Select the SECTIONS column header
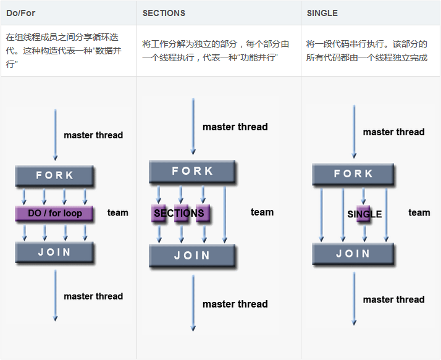tap(164, 13)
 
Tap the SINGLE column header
tap(322, 13)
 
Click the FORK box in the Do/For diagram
tap(54, 176)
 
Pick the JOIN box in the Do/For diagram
tap(54, 253)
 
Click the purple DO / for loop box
tap(54, 214)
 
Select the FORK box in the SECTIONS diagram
tap(192, 171)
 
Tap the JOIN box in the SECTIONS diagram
tap(192, 256)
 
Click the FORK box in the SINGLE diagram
tap(353, 174)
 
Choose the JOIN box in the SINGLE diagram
tap(353, 254)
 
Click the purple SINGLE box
tap(364, 214)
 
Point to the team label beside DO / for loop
tap(117, 213)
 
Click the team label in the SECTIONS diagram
tap(262, 212)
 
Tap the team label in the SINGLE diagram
tap(419, 213)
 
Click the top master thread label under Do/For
tap(93, 135)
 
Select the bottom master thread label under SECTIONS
tap(235, 304)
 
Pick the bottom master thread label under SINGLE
tap(393, 299)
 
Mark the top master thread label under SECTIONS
tap(235, 127)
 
